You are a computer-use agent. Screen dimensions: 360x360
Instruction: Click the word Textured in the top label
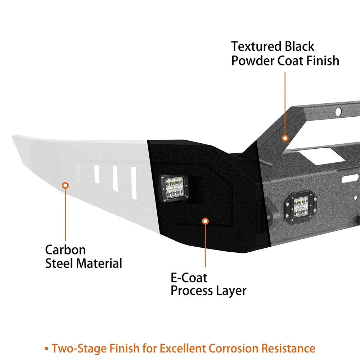256,46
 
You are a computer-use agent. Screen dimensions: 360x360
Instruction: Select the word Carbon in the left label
66,250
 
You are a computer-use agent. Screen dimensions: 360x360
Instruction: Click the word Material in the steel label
99,264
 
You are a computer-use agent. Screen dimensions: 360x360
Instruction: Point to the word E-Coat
189,278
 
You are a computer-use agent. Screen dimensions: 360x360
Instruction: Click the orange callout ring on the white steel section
66,185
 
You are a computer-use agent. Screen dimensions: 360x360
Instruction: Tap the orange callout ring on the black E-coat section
205,221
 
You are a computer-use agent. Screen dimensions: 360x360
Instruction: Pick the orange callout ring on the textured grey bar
285,138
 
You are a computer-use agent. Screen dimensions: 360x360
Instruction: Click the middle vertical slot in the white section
115,179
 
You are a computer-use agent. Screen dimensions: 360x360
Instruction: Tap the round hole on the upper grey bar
338,112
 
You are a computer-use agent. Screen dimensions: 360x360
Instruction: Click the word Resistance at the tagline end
288,348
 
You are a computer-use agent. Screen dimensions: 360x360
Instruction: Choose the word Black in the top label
300,46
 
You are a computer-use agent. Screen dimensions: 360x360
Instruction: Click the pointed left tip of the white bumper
13,137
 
